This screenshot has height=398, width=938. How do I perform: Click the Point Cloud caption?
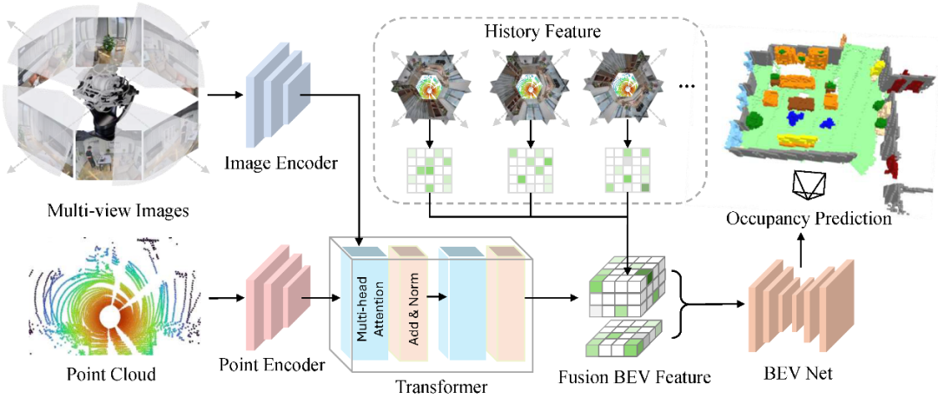(111, 375)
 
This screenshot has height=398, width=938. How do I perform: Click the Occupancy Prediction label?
(809, 219)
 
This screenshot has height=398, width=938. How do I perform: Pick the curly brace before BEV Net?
(685, 304)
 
